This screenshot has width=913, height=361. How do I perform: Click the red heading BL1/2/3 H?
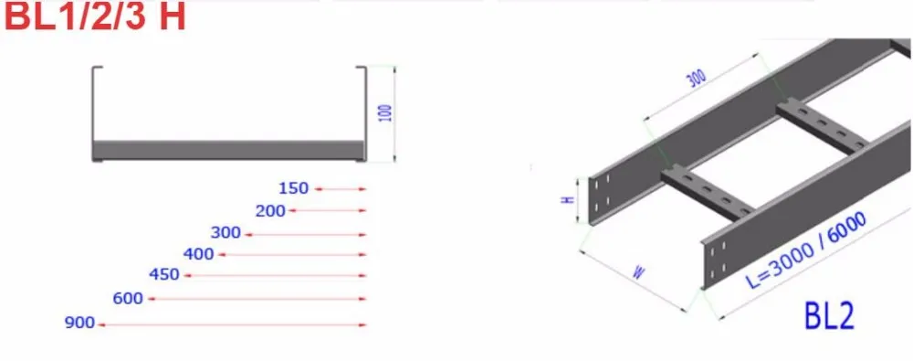[x=94, y=17]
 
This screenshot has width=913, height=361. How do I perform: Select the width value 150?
[x=293, y=188]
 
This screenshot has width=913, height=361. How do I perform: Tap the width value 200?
[x=271, y=210]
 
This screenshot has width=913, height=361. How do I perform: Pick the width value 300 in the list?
[x=226, y=233]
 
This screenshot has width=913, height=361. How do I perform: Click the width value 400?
[x=198, y=254]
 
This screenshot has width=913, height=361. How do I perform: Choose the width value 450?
[x=164, y=274]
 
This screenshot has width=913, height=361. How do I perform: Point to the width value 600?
[x=128, y=299]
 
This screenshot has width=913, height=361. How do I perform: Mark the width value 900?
[x=79, y=323]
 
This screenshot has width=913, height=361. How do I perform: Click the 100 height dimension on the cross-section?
[x=385, y=112]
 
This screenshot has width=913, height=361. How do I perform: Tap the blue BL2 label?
[x=829, y=316]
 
